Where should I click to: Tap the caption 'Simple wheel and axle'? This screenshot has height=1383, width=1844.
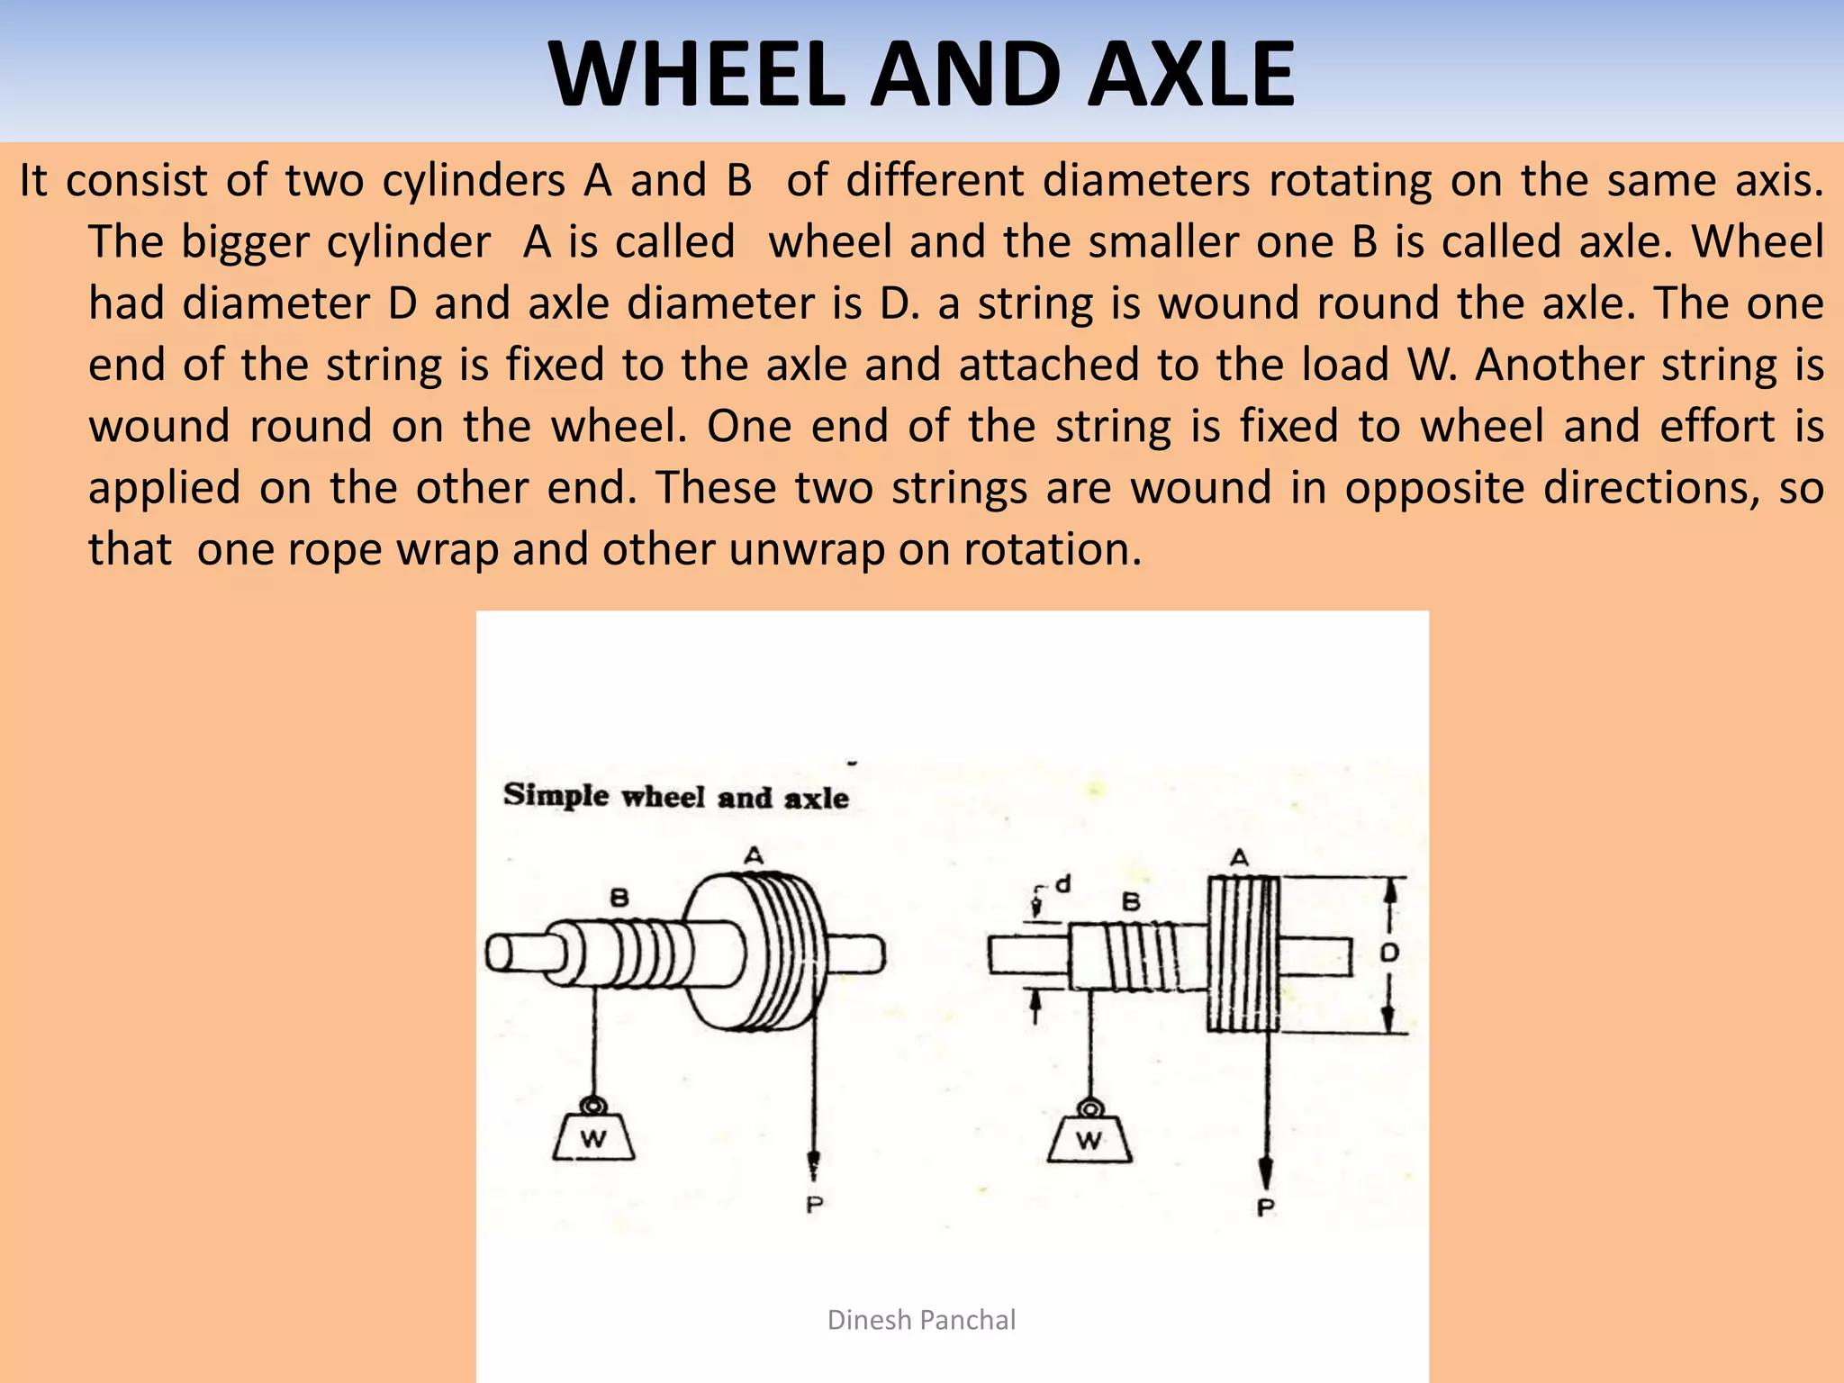click(675, 796)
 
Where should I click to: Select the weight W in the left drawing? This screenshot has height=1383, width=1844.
click(593, 1138)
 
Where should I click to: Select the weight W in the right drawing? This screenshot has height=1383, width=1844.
click(1089, 1140)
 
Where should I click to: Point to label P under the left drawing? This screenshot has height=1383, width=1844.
click(814, 1205)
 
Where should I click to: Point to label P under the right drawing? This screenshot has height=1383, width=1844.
click(1266, 1207)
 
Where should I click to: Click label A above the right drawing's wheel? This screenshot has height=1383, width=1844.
click(1241, 857)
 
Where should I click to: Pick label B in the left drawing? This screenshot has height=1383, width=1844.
click(619, 898)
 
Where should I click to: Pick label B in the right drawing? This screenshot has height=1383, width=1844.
click(1132, 901)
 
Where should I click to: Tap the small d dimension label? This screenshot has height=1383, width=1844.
click(1063, 884)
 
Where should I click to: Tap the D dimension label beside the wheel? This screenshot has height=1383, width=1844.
click(1389, 953)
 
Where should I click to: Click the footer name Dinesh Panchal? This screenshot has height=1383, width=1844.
click(921, 1320)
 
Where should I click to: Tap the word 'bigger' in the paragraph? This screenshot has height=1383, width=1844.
click(243, 243)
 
